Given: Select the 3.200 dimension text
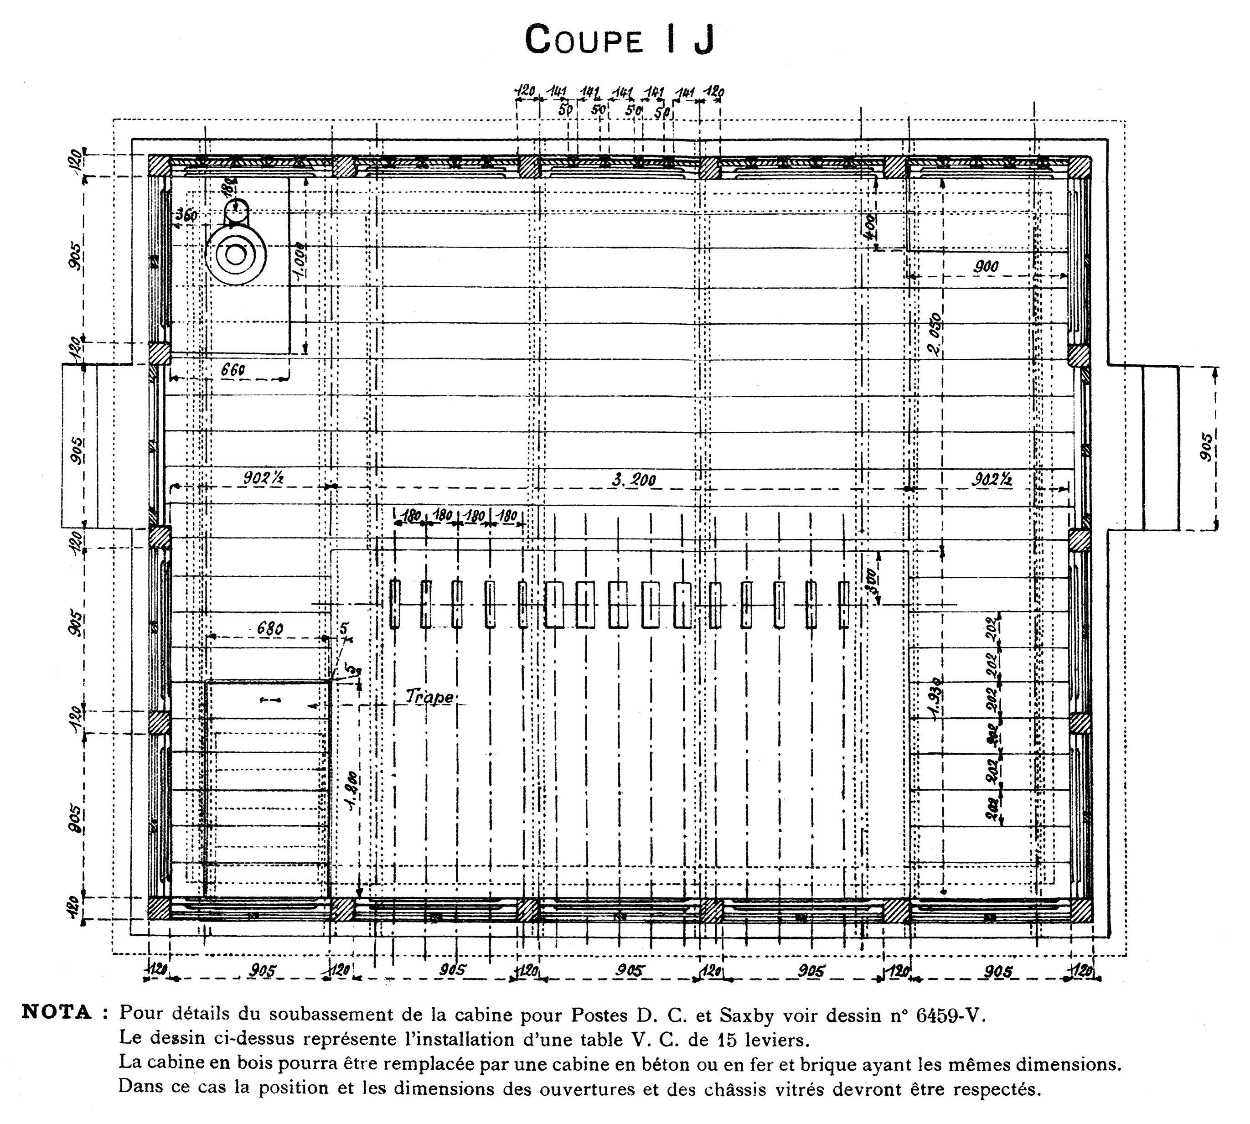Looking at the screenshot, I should click(634, 480).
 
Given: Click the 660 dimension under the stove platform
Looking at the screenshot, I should click(232, 369).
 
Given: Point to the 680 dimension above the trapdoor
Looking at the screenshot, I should click(270, 629).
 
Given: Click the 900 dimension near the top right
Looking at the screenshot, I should click(986, 267).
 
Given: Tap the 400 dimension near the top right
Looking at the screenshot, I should click(869, 228).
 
